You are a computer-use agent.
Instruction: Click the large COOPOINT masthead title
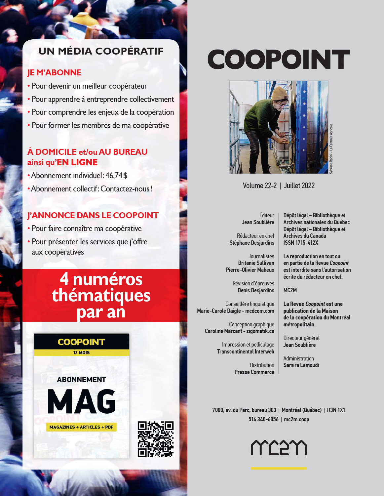click(x=279, y=60)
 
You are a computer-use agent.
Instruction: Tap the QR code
click(x=155, y=439)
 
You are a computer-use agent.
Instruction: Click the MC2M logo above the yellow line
click(x=279, y=448)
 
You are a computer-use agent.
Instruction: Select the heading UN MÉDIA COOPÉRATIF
click(x=101, y=51)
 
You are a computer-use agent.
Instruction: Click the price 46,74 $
click(x=116, y=176)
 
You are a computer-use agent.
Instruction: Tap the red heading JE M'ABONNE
click(x=54, y=72)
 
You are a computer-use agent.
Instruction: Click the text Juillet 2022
click(x=299, y=186)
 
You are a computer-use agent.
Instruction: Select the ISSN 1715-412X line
click(x=301, y=243)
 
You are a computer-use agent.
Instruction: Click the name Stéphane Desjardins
click(x=252, y=243)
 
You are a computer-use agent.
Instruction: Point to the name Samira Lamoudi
click(x=301, y=365)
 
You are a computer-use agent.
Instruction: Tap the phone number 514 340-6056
click(x=263, y=419)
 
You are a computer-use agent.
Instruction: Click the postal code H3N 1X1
click(x=336, y=410)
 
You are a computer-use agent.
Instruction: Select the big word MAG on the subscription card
click(x=82, y=401)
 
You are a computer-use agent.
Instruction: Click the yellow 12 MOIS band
click(x=82, y=352)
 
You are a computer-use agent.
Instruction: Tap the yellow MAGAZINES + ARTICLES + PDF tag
click(x=81, y=427)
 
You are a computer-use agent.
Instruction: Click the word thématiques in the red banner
click(x=101, y=296)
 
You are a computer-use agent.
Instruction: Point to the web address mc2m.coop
click(x=296, y=419)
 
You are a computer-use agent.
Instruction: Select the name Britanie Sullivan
click(x=256, y=263)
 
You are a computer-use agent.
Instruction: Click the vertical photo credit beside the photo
click(x=331, y=149)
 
